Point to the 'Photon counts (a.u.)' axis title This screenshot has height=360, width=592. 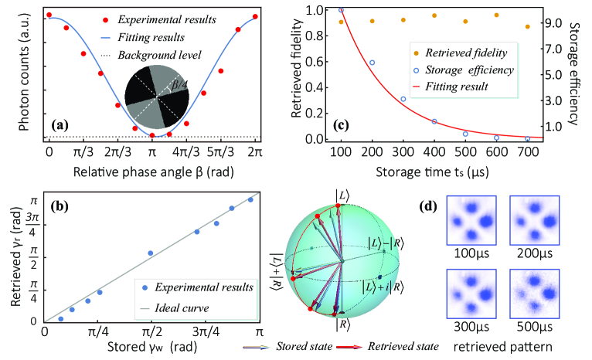(11, 73)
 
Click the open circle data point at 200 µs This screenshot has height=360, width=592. (372, 63)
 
